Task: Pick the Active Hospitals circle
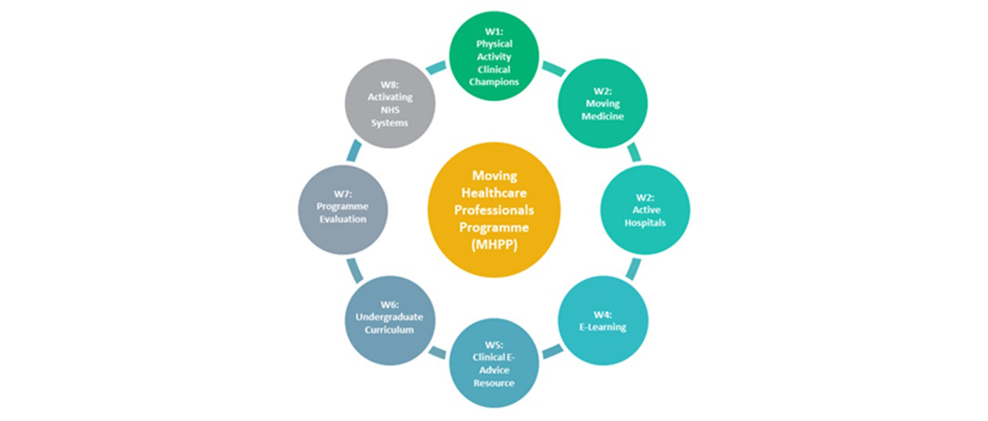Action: [x=645, y=210]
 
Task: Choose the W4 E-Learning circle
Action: [x=603, y=320]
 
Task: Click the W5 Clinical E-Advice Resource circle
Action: [x=494, y=363]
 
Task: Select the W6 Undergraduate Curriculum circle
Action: [x=389, y=320]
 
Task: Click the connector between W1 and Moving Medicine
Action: [x=553, y=69]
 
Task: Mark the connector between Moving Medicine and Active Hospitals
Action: [x=634, y=152]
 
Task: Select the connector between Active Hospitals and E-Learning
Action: [x=633, y=269]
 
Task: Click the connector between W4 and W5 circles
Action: [x=553, y=352]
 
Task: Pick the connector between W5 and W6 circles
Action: [x=437, y=352]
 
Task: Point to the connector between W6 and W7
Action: [x=355, y=270]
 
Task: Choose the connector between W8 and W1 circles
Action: [x=436, y=68]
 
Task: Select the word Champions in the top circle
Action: [x=494, y=81]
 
